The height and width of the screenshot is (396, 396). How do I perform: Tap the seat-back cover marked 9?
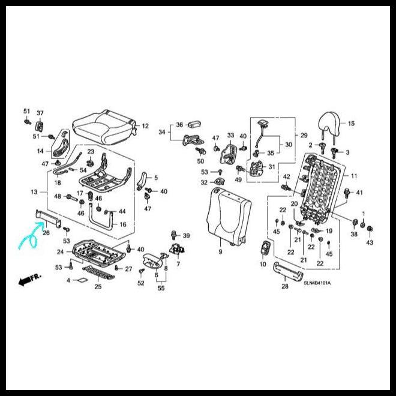click(229, 217)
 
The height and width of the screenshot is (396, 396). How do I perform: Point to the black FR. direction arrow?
click(29, 280)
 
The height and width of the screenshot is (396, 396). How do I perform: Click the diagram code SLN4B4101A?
click(317, 283)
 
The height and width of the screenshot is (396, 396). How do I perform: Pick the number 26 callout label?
click(46, 232)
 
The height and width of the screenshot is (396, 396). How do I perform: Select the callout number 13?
click(34, 192)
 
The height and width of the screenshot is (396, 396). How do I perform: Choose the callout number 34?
click(162, 132)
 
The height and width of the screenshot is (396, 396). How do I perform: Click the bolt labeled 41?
click(347, 193)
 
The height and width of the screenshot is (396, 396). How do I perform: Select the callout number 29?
click(304, 136)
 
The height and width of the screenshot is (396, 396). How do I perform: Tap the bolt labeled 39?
click(174, 235)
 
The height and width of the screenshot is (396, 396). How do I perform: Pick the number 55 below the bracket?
click(161, 288)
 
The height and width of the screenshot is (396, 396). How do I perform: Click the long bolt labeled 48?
click(72, 197)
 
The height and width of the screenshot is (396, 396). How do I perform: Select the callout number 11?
click(354, 176)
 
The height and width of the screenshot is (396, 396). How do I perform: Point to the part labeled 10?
click(265, 247)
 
